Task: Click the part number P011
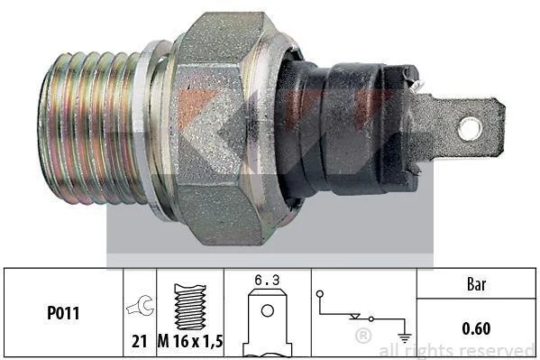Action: tap(63, 313)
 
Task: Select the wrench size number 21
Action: tap(140, 341)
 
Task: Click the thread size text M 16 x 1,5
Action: tap(190, 341)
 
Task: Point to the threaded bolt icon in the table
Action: tap(190, 307)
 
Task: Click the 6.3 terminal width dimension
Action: tap(267, 280)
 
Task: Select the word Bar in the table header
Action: tap(476, 284)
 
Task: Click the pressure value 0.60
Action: tap(476, 328)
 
